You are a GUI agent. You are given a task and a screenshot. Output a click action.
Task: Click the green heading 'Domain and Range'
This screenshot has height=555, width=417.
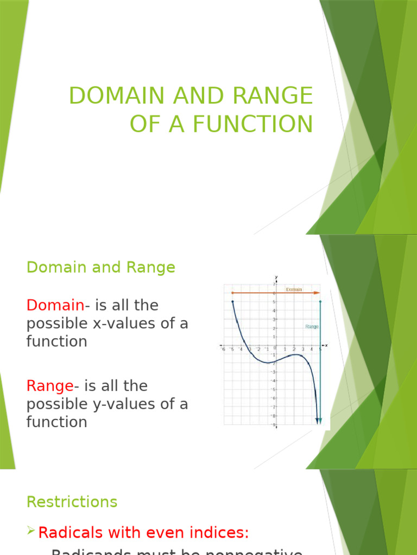(101, 267)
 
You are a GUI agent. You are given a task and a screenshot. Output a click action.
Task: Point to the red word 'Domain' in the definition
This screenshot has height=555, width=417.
(55, 305)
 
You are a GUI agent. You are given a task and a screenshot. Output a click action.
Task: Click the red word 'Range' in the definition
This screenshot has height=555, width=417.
(49, 386)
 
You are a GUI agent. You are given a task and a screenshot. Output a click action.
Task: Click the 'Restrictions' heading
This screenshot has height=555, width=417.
(72, 502)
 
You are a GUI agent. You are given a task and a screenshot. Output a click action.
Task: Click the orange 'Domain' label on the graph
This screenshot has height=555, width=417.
(294, 289)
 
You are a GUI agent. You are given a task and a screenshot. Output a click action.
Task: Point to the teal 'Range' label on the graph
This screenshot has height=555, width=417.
(312, 327)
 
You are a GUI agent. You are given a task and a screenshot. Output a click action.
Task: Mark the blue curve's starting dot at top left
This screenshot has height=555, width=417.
(233, 302)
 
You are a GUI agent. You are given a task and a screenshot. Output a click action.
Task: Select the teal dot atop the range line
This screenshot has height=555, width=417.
(320, 302)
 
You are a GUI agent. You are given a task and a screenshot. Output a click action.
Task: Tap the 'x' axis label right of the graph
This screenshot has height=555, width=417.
(326, 346)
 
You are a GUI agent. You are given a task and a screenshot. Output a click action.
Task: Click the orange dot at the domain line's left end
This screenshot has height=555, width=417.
(233, 293)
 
